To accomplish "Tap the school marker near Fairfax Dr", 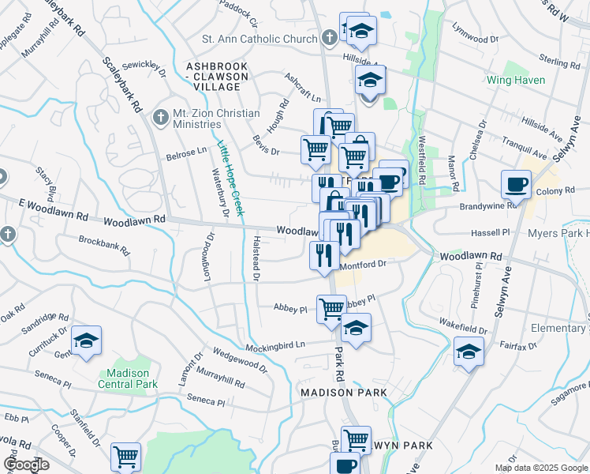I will coord(469,351).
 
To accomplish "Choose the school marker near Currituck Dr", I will coord(86,340).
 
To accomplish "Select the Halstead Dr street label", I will coord(256,258).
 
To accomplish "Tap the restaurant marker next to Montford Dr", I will coord(325,254).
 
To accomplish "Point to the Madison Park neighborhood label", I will coord(344,393).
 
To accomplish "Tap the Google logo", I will coord(27,465).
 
